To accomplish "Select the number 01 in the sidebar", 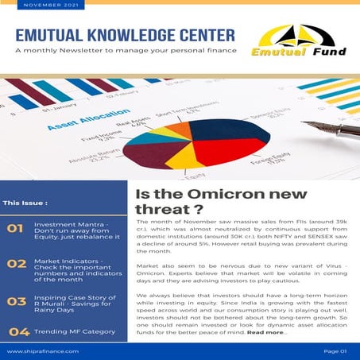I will click(x=14, y=230).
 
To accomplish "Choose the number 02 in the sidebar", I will click(x=16, y=264).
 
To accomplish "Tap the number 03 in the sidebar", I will click(x=16, y=301).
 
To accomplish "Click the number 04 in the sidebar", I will click(x=19, y=331).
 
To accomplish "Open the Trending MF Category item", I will click(x=79, y=331).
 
